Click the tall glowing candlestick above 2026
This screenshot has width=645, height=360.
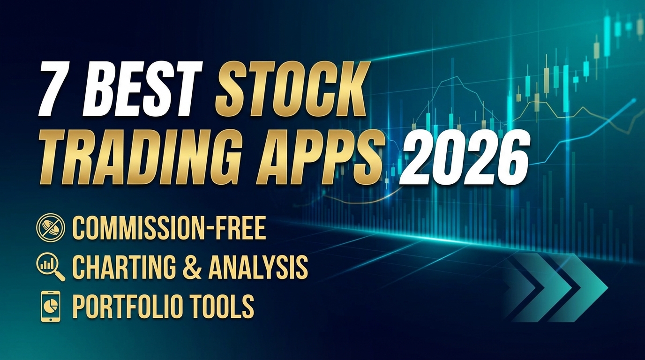click(566, 89)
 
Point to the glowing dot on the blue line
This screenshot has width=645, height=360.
click(634, 100)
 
